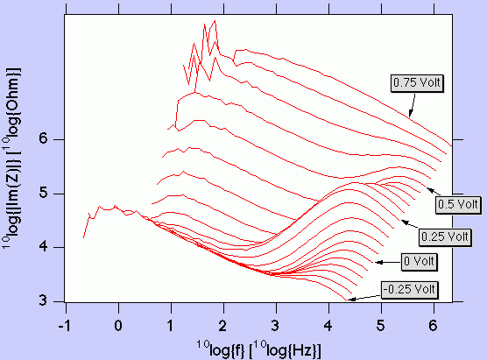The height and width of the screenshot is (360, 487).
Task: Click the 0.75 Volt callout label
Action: click(x=418, y=83)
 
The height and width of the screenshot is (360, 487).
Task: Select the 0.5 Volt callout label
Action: click(x=456, y=203)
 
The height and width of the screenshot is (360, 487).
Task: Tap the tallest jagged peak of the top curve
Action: click(x=215, y=22)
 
